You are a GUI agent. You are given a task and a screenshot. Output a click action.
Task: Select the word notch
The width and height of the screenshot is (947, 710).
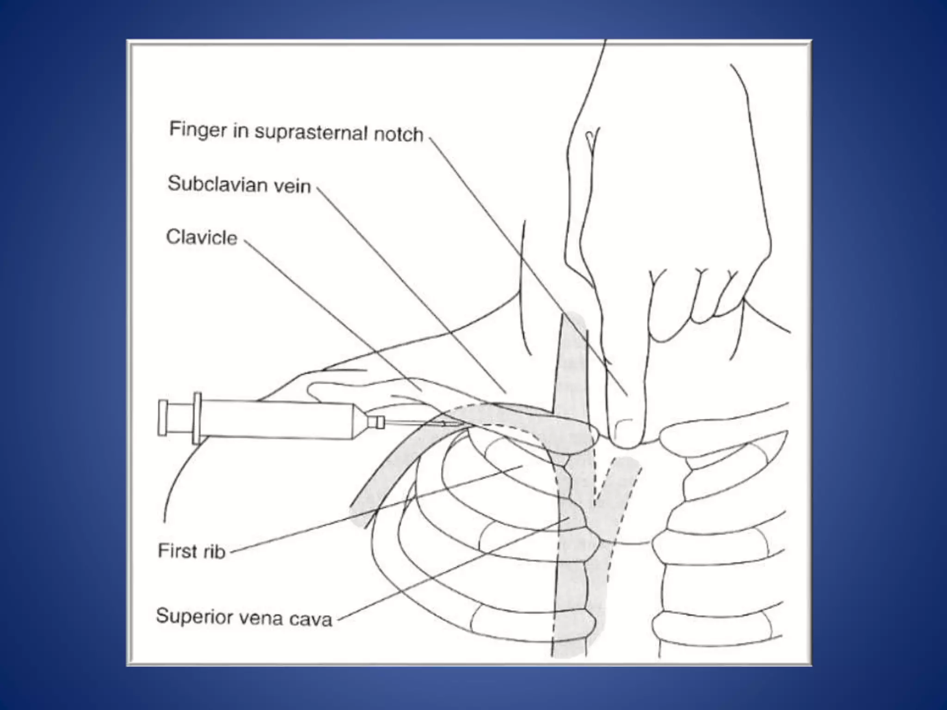coord(398,134)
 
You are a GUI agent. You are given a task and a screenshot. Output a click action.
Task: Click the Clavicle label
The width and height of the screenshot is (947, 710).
coord(202,238)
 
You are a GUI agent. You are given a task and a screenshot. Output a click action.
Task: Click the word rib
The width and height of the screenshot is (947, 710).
coord(214,552)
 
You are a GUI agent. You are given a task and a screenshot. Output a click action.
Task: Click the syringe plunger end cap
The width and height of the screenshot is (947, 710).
coord(163,418)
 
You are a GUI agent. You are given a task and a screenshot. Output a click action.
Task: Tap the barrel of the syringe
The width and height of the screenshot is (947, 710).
coord(277,421)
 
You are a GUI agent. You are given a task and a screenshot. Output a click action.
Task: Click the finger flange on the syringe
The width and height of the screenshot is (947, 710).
coord(197,418)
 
